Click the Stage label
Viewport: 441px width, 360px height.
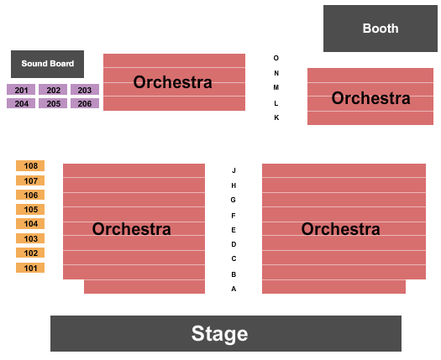219,334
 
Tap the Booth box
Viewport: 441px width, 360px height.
381,29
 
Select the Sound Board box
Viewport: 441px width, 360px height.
47,64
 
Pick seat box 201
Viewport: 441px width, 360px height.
21,90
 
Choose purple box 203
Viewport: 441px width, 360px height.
84,90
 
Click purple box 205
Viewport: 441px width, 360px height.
53,103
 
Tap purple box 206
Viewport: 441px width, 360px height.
84,103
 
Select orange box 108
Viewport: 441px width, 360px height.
30,166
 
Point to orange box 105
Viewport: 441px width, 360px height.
30,210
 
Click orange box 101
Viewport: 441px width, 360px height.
30,268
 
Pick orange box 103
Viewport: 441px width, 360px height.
30,238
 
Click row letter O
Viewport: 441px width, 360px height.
276,58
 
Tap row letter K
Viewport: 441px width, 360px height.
276,117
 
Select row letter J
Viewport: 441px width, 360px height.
234,170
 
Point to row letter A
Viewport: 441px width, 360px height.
234,289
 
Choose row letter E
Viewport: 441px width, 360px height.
234,230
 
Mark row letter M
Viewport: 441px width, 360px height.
276,87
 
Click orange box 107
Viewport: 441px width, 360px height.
30,180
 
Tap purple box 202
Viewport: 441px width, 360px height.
53,90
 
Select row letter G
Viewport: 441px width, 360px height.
234,200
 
